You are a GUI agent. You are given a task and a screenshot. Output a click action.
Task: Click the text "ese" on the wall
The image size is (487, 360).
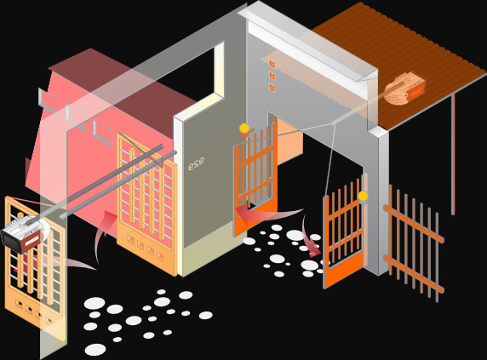(196, 163)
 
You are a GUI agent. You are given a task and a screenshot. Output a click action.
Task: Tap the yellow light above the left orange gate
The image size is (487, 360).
(244, 128)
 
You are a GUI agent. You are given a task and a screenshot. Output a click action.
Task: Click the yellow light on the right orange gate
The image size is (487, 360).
(363, 196)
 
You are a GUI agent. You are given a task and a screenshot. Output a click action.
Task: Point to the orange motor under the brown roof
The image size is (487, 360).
(404, 88)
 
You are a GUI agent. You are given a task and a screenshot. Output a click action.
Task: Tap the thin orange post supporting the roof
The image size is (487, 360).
(453, 154)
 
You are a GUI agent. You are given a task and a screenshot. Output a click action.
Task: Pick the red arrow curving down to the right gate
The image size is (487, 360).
(311, 236)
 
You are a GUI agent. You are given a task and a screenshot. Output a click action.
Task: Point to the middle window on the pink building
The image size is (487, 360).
(76, 117)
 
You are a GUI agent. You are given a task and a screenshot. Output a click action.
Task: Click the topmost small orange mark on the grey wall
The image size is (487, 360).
(272, 64)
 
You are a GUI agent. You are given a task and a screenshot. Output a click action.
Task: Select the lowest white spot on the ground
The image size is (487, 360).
(95, 350)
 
